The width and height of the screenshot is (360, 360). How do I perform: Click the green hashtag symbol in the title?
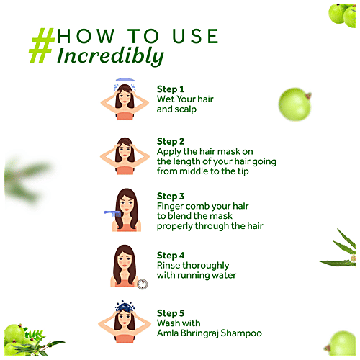[x=42, y=45]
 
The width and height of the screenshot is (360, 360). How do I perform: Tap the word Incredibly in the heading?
[x=111, y=56]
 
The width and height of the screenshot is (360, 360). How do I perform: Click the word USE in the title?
[x=195, y=36]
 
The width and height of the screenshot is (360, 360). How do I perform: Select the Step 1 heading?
[x=171, y=89]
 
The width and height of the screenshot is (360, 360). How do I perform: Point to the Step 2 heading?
[x=171, y=142]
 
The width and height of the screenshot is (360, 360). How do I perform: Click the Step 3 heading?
[x=171, y=197]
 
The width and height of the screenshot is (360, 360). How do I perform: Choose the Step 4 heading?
[x=171, y=256]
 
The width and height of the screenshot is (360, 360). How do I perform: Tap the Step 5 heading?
[x=171, y=313]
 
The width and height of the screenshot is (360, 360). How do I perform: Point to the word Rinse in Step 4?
[x=168, y=266]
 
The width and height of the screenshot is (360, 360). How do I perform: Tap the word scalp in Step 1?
[x=186, y=109]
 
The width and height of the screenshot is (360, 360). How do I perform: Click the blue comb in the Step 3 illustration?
[x=112, y=213]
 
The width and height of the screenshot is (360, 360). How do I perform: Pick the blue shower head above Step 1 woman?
[x=125, y=80]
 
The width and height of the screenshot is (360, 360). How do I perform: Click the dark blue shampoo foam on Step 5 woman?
[x=124, y=307]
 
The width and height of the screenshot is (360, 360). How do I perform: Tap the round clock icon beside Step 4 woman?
[x=143, y=284]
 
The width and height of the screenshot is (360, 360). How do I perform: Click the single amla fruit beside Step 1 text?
[x=294, y=104]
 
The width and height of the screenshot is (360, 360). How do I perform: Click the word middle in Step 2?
[x=194, y=171]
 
